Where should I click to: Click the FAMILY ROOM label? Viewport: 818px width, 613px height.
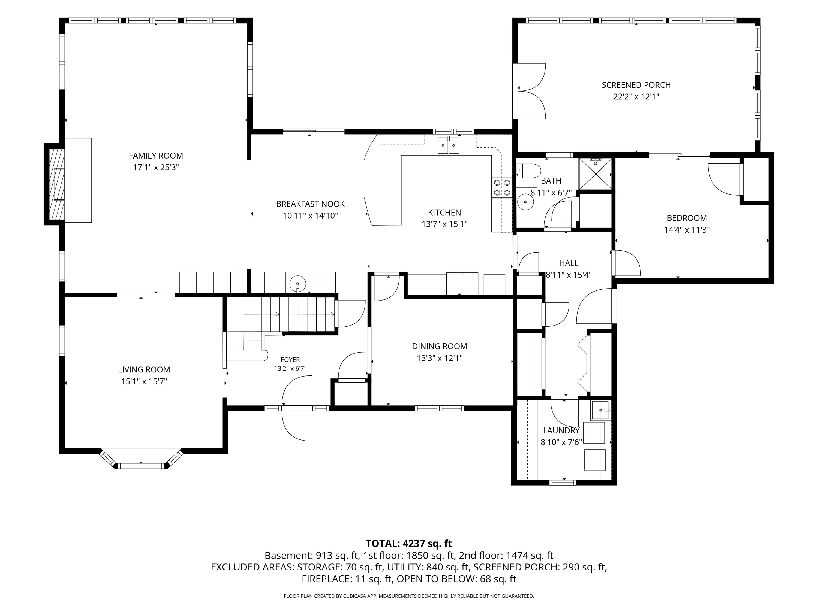[156, 156]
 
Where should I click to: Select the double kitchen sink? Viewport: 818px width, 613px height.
[448, 145]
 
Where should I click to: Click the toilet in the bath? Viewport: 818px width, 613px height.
[528, 171]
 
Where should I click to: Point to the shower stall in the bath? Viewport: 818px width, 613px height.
[595, 173]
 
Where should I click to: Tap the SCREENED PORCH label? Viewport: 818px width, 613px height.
[636, 85]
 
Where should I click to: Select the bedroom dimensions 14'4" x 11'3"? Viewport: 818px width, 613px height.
[687, 230]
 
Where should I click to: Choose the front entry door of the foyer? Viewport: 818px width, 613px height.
[297, 408]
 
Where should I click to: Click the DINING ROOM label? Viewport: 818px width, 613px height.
[439, 346]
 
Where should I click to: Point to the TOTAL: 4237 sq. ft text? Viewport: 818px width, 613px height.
[409, 544]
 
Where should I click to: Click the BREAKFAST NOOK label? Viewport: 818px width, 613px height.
[310, 204]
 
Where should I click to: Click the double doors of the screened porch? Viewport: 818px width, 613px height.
[529, 91]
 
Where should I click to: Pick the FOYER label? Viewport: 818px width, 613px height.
[290, 360]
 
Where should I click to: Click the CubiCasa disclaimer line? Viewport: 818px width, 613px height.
[409, 596]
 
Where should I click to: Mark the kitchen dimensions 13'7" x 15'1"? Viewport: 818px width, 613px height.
[444, 224]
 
